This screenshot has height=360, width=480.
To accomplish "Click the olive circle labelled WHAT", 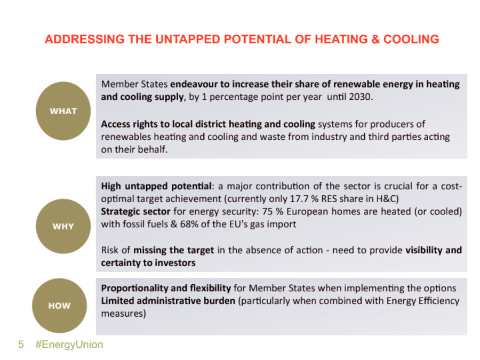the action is [63, 111].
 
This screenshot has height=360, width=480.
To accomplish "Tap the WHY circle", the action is [63, 226].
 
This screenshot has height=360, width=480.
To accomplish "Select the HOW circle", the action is [59, 306].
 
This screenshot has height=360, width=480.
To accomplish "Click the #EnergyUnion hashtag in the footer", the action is [69, 345].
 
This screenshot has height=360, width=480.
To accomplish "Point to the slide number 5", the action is [21, 345].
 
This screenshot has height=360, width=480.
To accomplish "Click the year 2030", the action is [361, 97].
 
